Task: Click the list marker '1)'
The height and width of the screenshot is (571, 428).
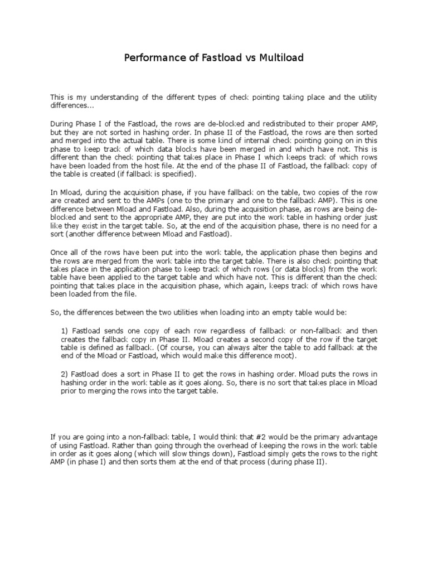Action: point(64,331)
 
